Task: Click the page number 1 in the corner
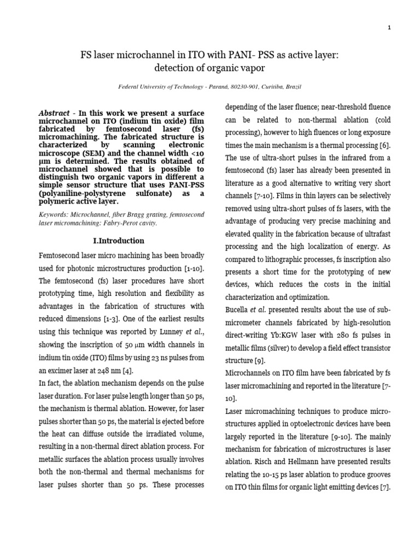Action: pos(389,29)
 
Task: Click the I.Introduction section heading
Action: pos(118,241)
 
